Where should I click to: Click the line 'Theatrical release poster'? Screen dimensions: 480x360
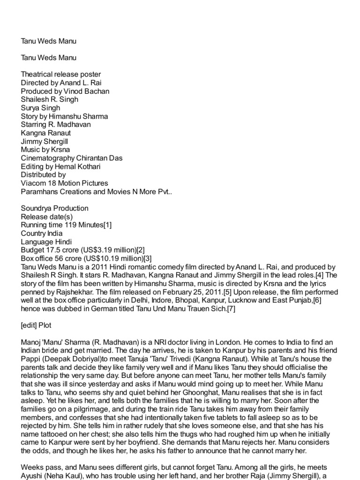(x=60, y=74)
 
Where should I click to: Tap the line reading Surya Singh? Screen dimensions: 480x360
(x=40, y=108)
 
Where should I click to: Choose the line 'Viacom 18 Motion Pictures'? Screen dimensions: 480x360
(x=64, y=183)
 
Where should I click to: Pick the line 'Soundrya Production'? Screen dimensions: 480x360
(x=55, y=208)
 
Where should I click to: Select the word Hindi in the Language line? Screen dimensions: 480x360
(x=63, y=242)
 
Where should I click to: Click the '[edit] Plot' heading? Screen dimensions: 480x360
(x=37, y=325)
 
